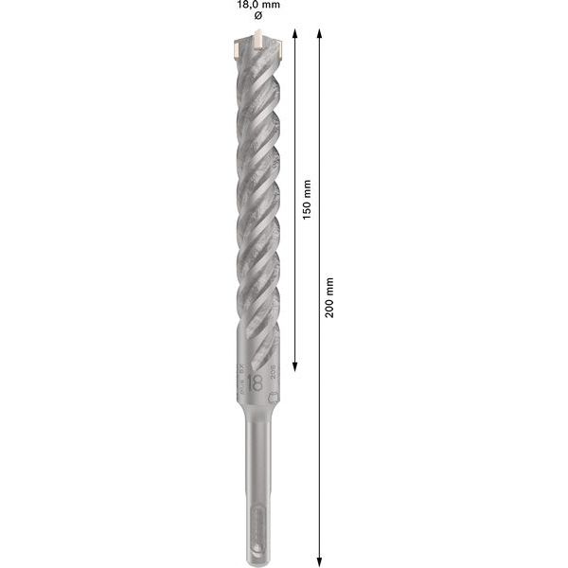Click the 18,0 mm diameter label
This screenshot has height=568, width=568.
point(257,6)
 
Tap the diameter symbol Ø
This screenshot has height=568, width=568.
point(258,19)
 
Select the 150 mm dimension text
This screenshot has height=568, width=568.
point(305,199)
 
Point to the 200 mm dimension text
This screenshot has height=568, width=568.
point(328,297)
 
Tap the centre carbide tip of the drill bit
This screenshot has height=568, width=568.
point(257,41)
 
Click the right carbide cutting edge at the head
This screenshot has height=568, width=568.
point(276,45)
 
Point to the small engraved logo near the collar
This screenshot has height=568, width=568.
point(273,399)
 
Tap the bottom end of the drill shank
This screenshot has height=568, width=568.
point(257,547)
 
